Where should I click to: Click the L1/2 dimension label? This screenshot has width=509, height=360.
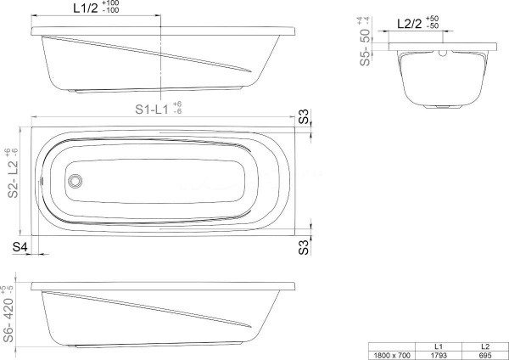[x=86, y=8]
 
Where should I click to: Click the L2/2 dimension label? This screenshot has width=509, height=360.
[x=410, y=24]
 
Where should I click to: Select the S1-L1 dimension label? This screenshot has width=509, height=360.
[x=152, y=110]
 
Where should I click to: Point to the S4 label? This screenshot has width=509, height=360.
[x=20, y=247]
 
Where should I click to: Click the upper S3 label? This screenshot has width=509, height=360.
[x=303, y=116]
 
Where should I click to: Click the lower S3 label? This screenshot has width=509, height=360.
[x=303, y=248]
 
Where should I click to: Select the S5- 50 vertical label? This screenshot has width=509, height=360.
[x=365, y=47]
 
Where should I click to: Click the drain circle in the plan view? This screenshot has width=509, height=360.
[x=75, y=181]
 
